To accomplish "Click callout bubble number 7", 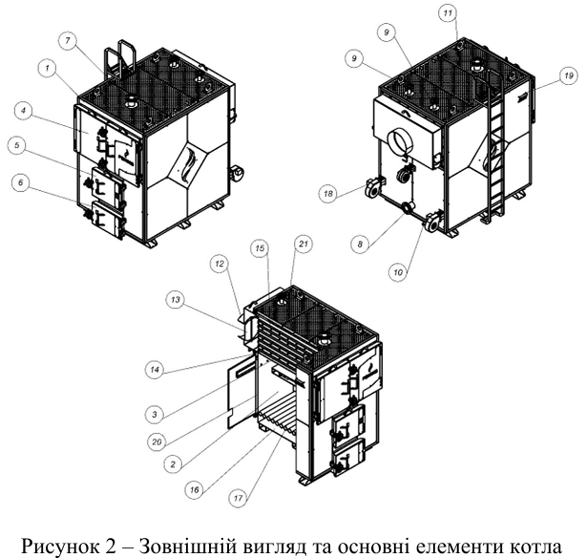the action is pos(68,40).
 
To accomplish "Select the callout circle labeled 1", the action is pos(48,69).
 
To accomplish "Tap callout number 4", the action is pos(24,112).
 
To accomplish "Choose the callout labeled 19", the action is pos(568,75).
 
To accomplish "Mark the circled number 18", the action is pos(328,193).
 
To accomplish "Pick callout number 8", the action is pos(360,245).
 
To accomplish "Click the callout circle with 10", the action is pos(398,272).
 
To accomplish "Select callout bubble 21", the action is pos(303,244).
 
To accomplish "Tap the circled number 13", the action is pos(176,299).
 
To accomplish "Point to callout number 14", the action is pos(155,370).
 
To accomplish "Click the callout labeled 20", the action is pos(157,441).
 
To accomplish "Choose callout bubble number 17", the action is pos(239,498).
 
